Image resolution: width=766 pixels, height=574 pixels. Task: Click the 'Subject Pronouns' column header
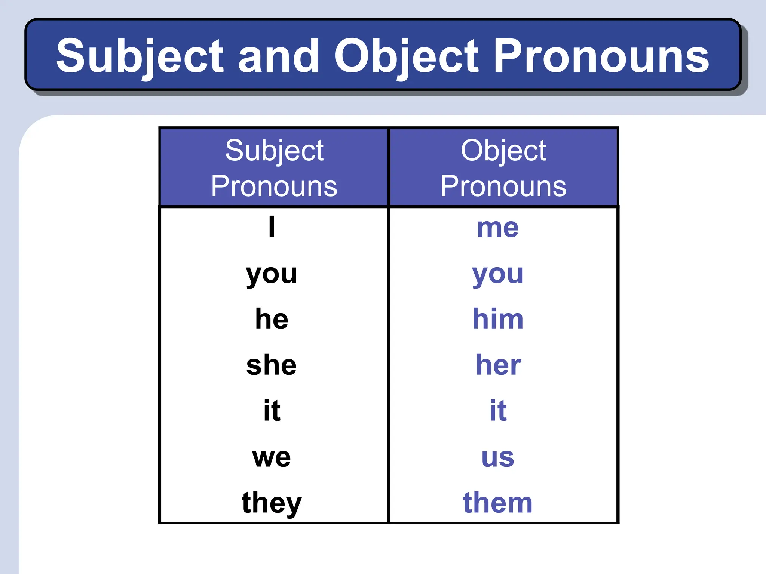point(274,168)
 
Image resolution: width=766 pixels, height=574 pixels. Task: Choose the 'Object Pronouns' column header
point(503,168)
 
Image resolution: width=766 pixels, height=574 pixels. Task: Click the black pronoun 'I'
point(272,227)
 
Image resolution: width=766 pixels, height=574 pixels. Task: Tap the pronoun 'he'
point(272,319)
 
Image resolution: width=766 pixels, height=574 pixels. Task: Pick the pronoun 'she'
point(272,365)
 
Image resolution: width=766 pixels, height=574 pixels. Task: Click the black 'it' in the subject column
point(272,411)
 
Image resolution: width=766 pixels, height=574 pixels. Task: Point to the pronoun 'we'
point(272,457)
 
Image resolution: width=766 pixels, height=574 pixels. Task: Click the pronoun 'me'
point(498,228)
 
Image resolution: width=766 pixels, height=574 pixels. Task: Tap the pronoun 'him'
point(498,319)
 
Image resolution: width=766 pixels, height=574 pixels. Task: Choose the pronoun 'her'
point(498,365)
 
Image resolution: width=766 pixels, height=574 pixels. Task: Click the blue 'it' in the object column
point(498,411)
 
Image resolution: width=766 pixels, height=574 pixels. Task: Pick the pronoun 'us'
point(498,457)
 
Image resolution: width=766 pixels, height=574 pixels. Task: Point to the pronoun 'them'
point(497,503)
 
